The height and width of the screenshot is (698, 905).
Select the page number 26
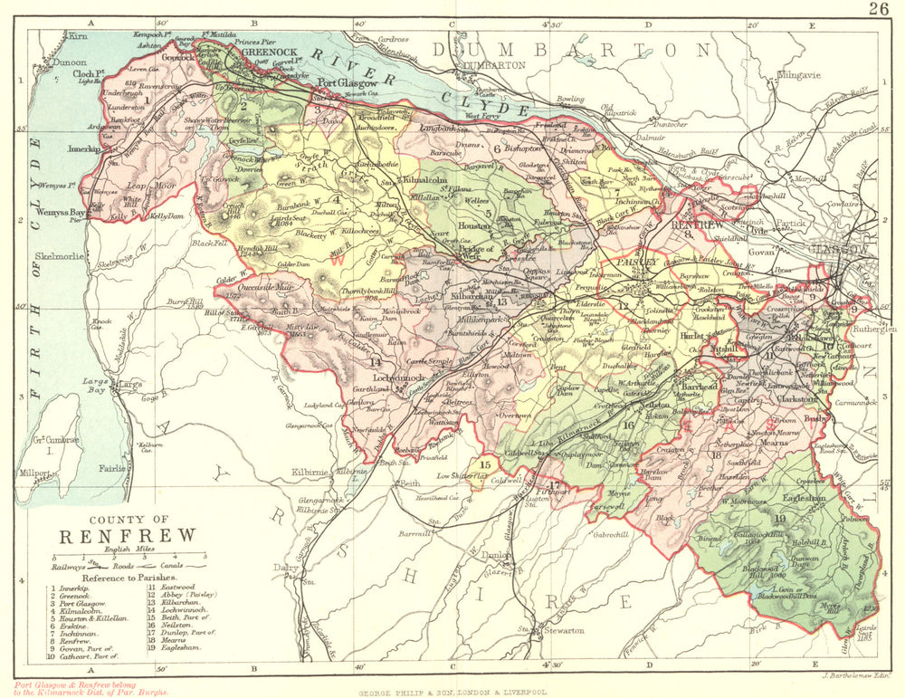(x=877, y=10)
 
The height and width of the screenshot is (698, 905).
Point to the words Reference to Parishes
(x=125, y=576)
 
